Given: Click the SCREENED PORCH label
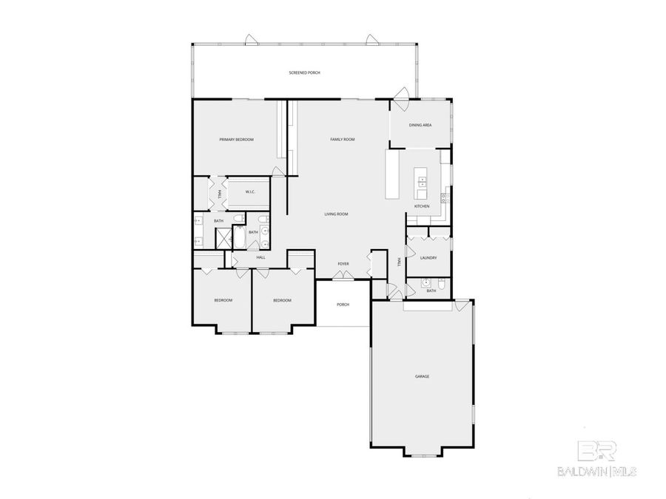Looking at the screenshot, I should (304, 72).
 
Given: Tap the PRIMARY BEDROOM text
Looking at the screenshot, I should (236, 140).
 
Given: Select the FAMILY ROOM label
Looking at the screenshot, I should (342, 140).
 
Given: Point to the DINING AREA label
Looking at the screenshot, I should (420, 125).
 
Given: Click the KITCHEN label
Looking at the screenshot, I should (422, 206).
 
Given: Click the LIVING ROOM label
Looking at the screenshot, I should (336, 214).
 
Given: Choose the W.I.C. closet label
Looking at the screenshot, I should (250, 192).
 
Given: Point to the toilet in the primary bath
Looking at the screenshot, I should (236, 218).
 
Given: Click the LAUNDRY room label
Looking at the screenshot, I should (428, 257).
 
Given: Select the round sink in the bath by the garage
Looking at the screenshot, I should (427, 282).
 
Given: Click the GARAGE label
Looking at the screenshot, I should (422, 376).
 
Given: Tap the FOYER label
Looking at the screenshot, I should (343, 263).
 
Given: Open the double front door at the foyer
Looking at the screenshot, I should (343, 276).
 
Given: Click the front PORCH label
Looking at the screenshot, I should (343, 305).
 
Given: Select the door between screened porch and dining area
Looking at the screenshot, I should (402, 94).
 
